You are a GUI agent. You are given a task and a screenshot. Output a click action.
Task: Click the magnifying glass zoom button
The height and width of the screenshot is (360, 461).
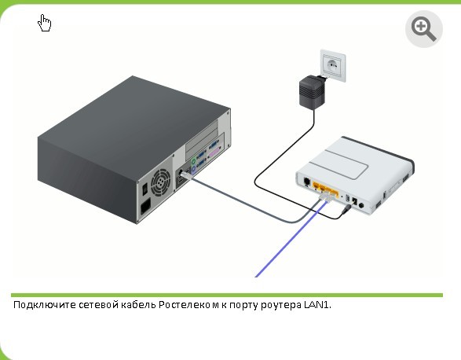[x=423, y=29]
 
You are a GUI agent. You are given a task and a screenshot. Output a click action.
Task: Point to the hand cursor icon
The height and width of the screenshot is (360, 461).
[x=45, y=23]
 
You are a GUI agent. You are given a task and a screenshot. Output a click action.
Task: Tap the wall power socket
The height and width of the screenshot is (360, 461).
[x=333, y=66]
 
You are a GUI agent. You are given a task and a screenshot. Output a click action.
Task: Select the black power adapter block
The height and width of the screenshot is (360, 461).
[x=311, y=91]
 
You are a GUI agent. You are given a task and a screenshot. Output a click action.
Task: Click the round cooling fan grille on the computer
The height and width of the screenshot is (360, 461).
[x=160, y=182]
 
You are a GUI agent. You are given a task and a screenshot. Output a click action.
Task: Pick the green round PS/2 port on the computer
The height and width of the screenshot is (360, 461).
[x=193, y=161]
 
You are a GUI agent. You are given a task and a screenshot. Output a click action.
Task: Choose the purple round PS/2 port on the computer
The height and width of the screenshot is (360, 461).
[x=193, y=170]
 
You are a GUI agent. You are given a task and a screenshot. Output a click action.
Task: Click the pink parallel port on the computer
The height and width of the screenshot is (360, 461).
[x=214, y=153]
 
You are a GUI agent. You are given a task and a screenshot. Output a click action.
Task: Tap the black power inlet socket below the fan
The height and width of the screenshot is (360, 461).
[x=145, y=207]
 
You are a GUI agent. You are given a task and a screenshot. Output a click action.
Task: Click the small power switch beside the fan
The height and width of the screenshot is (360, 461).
[x=145, y=189]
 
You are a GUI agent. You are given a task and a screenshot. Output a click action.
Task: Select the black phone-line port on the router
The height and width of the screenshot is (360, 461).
[x=306, y=182]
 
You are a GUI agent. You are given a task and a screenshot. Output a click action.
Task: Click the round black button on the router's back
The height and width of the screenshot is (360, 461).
[x=361, y=205]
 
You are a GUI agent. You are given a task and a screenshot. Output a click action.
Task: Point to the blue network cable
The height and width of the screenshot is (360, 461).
[x=291, y=239]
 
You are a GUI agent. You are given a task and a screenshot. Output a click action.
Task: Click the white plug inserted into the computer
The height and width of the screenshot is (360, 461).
[x=186, y=175]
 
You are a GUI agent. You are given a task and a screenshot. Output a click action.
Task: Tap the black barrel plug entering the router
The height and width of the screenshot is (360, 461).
[x=347, y=209]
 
